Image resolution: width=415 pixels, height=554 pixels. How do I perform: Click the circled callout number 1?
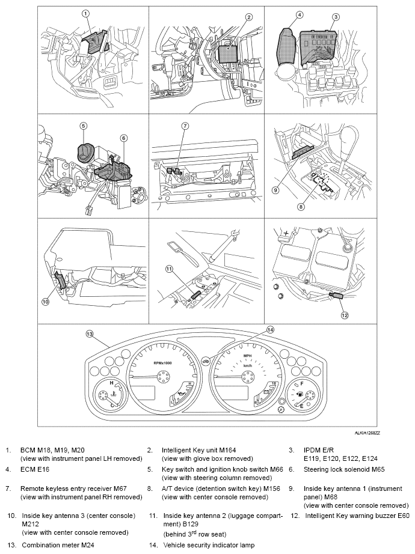pos(85,14)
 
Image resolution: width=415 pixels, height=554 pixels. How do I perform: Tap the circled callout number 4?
pos(300,15)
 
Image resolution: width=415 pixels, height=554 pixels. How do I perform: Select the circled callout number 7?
pos(185,126)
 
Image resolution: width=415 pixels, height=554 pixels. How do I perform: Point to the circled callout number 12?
pos(345,315)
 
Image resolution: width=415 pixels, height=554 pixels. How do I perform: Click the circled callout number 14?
pos(270,330)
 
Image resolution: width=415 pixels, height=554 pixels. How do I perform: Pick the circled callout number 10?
pos(46,302)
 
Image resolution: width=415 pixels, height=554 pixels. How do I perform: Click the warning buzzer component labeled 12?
pos(334,296)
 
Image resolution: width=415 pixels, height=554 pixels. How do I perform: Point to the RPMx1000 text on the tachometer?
pos(163,363)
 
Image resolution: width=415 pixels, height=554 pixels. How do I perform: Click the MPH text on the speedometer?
pos(247,356)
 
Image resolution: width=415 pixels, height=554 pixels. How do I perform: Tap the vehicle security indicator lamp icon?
pos(206,361)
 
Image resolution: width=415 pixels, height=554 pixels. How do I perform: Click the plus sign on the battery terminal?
pos(286,234)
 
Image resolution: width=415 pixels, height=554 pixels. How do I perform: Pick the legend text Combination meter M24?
pos(58,545)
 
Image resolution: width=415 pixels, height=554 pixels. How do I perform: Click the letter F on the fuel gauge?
pos(302,383)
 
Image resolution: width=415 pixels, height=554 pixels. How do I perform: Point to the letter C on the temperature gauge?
pos(112,406)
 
